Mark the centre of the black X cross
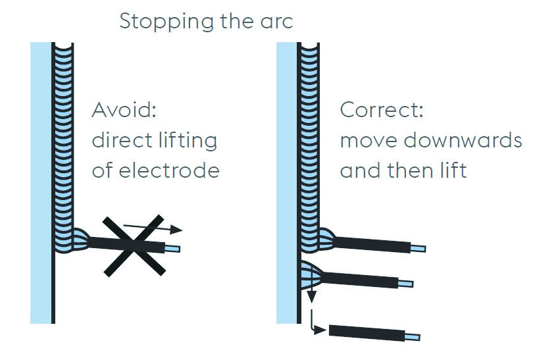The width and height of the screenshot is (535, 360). (x=136, y=244)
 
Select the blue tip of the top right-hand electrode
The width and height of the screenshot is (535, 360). (x=418, y=249)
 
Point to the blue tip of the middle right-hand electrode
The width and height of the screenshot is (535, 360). (x=406, y=283)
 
